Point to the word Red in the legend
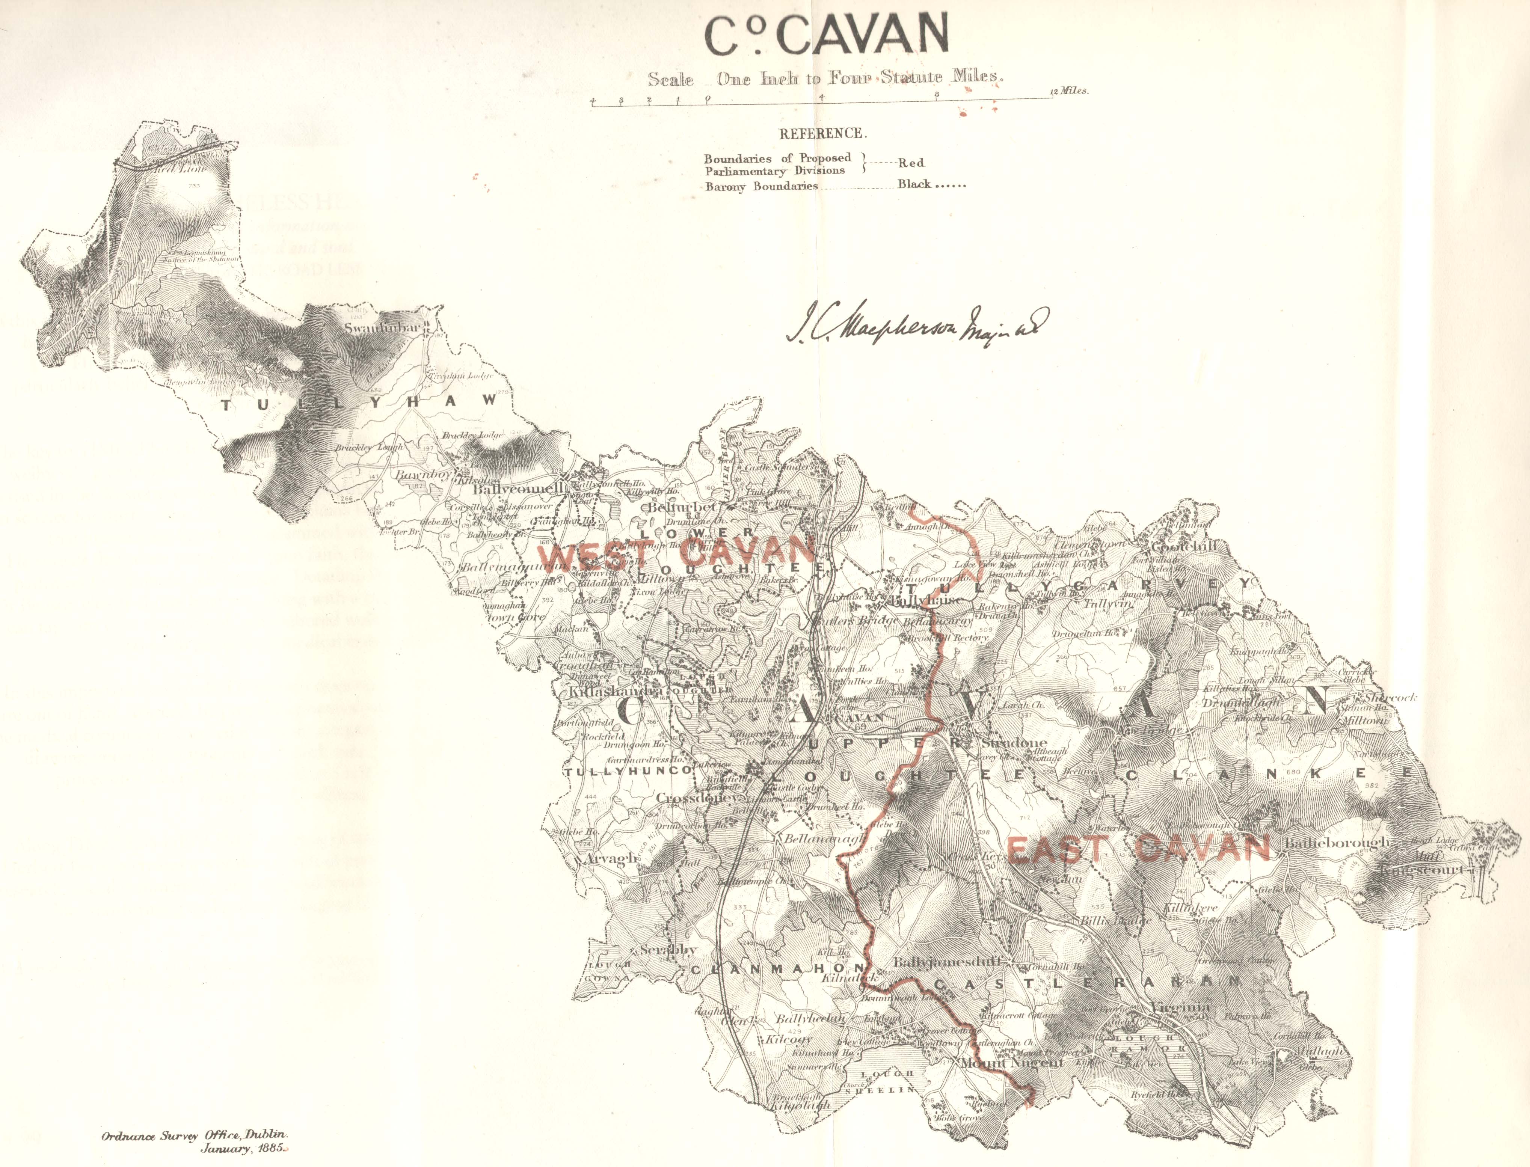(x=911, y=163)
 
